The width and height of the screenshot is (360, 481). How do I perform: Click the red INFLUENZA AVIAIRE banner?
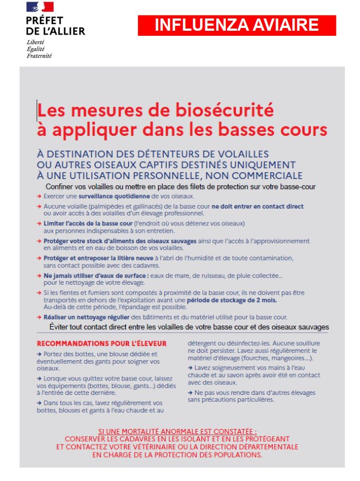[236, 26]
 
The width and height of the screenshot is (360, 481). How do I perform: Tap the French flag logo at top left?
[40, 7]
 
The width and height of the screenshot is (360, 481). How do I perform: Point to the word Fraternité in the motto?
[39, 56]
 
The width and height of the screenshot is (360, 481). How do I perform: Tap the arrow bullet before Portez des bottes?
[39, 354]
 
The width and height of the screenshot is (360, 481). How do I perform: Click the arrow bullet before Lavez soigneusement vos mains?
[191, 368]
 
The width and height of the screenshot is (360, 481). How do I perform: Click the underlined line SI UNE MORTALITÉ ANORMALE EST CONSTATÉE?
[177, 432]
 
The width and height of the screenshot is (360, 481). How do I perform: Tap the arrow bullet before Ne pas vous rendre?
[191, 393]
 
